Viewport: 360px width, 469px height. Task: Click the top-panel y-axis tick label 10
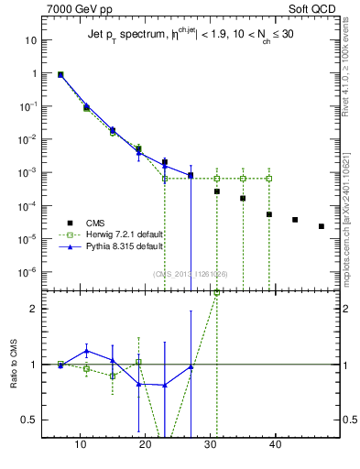point(31,40)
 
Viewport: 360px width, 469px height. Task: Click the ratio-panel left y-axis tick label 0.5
point(30,420)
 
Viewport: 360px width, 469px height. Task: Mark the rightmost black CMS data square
point(321,226)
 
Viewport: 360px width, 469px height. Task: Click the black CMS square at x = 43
point(295,220)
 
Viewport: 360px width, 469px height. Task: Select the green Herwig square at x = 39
point(269,178)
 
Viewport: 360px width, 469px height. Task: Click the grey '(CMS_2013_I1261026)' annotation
point(191,273)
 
